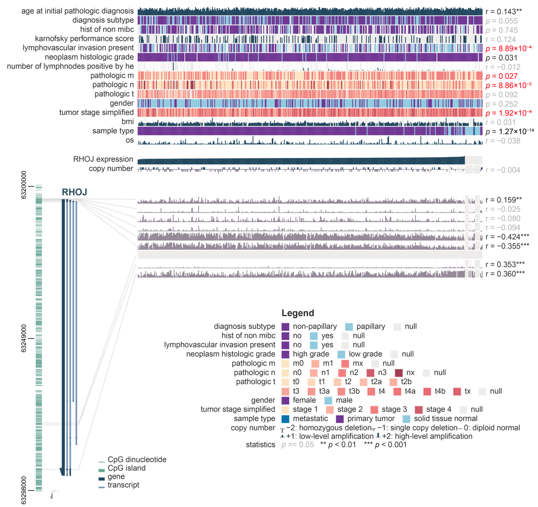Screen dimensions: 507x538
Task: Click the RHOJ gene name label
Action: click(74, 192)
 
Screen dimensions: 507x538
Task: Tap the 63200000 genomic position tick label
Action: click(24, 185)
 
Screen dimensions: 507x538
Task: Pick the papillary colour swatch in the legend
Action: click(349, 327)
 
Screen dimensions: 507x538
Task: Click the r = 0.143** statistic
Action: click(503, 12)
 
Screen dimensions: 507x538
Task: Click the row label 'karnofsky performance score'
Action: click(84, 39)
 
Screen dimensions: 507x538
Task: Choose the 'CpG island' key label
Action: click(126, 468)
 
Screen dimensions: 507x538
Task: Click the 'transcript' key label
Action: click(123, 485)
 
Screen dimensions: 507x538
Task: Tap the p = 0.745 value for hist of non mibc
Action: click(501, 30)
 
